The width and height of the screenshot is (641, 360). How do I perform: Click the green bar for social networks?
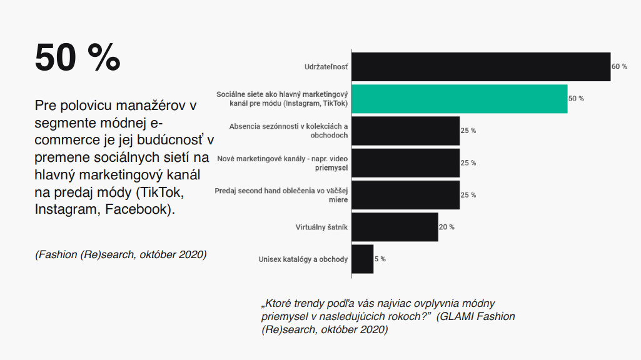(460, 99)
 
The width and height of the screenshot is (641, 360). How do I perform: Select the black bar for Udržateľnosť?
(481, 67)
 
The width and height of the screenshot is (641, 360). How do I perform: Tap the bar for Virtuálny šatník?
(395, 227)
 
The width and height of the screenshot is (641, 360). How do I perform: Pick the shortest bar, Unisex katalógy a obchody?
(363, 259)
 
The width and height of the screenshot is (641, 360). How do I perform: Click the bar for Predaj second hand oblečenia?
(405, 195)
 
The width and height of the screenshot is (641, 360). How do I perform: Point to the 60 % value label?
(619, 66)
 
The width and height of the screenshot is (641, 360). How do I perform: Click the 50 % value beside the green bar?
(576, 99)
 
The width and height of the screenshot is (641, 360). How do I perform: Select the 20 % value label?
(447, 227)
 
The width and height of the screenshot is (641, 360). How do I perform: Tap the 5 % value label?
(380, 259)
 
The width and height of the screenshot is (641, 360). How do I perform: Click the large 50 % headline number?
(78, 57)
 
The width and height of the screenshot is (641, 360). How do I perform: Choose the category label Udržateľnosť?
(326, 67)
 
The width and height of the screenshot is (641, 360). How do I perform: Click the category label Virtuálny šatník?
(321, 227)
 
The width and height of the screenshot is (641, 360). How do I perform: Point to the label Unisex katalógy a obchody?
(303, 259)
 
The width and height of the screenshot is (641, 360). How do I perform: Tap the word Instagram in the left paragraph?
(66, 209)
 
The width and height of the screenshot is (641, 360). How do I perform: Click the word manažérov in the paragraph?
(151, 106)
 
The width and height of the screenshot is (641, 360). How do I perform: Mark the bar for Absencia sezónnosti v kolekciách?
(405, 131)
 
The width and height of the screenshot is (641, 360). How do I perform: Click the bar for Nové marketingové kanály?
(405, 163)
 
